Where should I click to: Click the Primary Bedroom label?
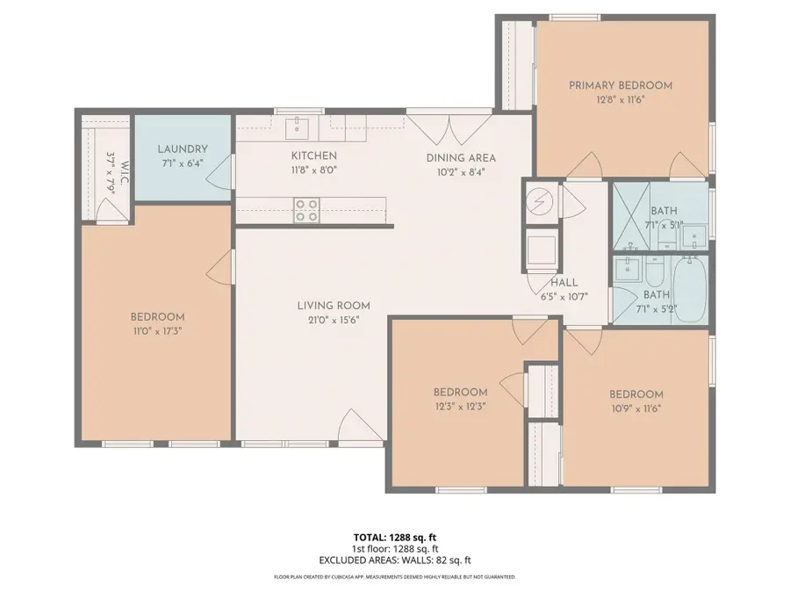[x=620, y=85]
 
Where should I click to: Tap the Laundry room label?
[x=183, y=149]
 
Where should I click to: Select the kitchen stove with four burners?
[x=306, y=210]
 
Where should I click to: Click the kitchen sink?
[x=298, y=128]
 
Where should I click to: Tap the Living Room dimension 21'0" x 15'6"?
[x=328, y=320]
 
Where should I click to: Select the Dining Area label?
[x=461, y=158]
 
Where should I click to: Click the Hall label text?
[x=564, y=282]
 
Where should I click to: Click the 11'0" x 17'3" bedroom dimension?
[x=157, y=331]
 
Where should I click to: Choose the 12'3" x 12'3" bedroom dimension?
[x=460, y=406]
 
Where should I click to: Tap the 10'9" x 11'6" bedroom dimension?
[x=636, y=409]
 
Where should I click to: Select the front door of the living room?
[x=359, y=429]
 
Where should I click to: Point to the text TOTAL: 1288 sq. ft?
[x=394, y=536]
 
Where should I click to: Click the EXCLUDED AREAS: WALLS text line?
[x=394, y=560]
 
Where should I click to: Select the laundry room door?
[x=221, y=172]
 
